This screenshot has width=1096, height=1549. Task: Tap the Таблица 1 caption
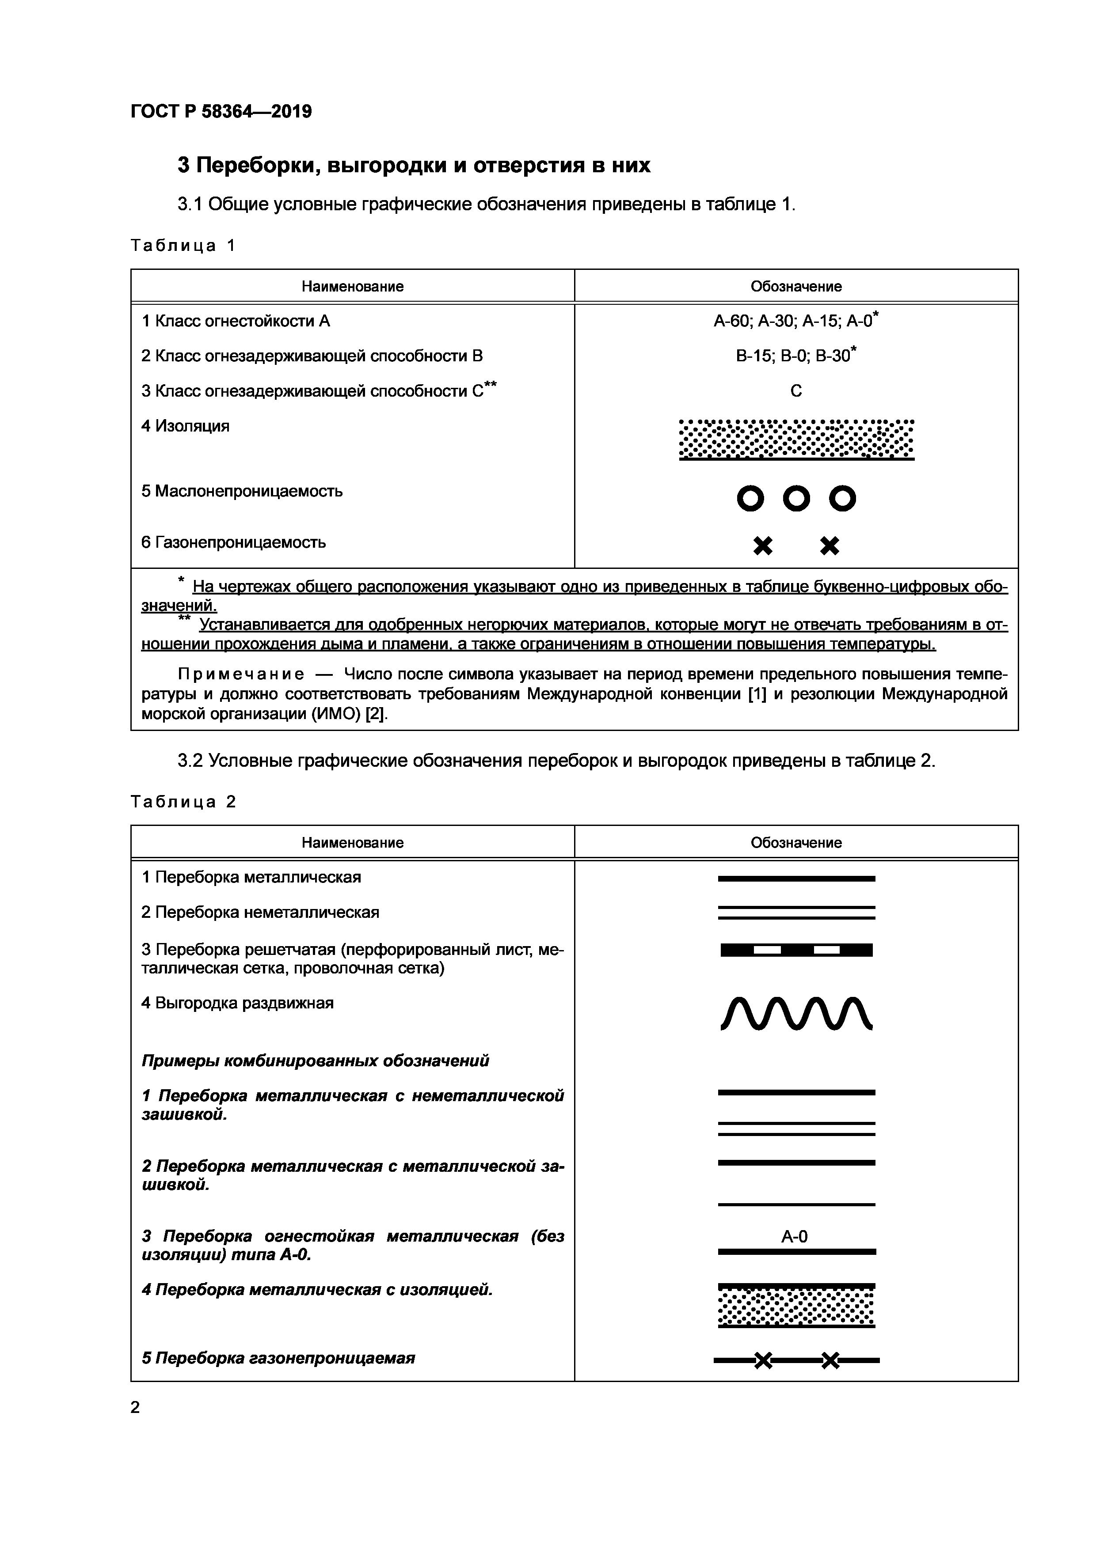[182, 246]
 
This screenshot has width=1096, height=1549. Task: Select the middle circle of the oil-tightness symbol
[796, 499]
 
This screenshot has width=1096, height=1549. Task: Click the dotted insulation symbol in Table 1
[796, 439]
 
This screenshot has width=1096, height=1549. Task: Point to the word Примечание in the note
[241, 674]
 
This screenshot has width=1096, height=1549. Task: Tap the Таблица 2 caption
[182, 802]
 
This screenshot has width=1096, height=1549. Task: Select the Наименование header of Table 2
[352, 843]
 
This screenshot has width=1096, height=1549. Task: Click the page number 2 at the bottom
[135, 1407]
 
